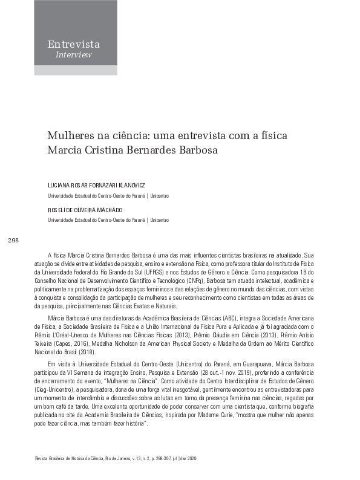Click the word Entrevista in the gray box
click(x=73, y=44)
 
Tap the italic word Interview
click(x=73, y=54)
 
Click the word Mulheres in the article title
click(x=68, y=134)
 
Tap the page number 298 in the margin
click(x=13, y=241)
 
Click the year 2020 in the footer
click(x=192, y=459)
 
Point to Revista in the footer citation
click(x=44, y=459)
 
